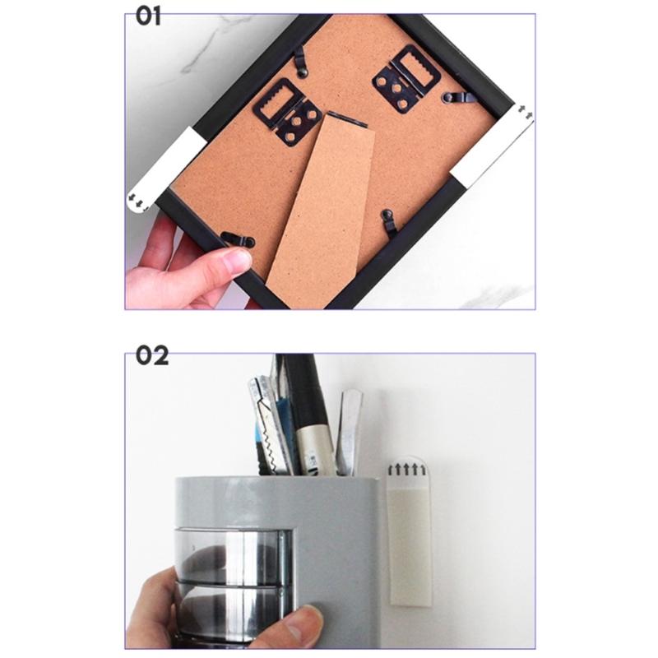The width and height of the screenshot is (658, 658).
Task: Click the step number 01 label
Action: click(x=149, y=17)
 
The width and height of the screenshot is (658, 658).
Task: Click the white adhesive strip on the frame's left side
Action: click(x=164, y=169)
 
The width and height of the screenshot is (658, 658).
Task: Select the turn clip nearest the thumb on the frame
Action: click(x=239, y=241)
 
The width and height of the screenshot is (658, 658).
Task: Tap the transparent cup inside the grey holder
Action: click(x=230, y=576)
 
